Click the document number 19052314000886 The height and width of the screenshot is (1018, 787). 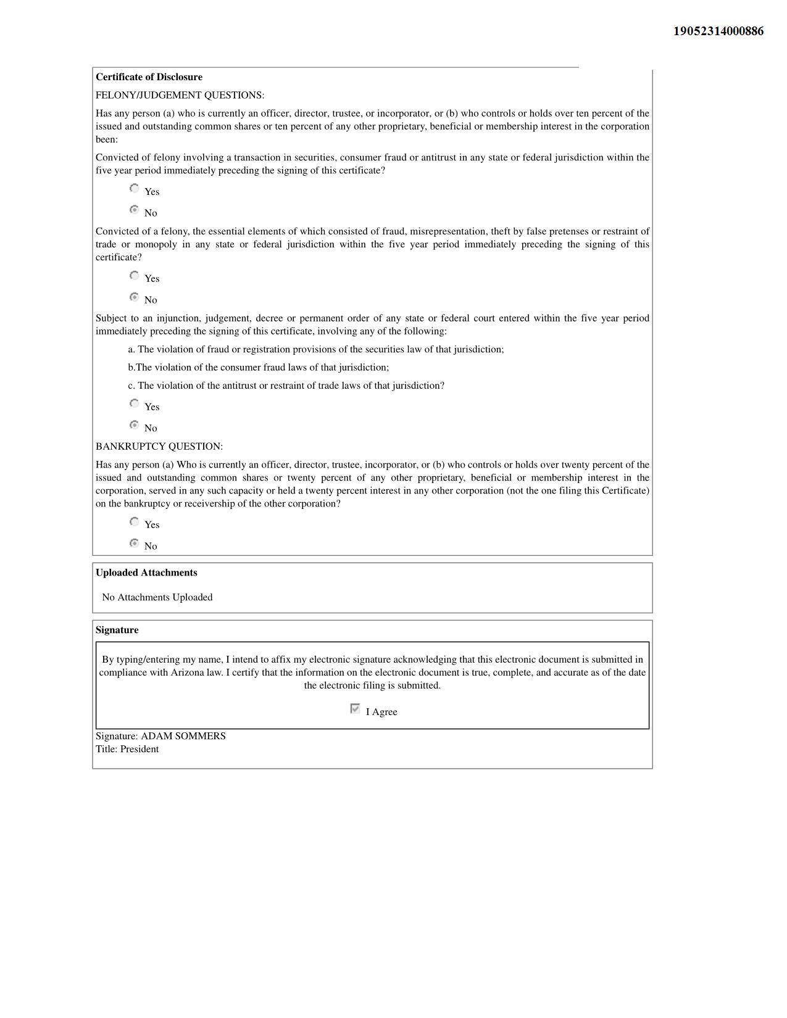click(718, 31)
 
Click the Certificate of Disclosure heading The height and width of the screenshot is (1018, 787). click(149, 77)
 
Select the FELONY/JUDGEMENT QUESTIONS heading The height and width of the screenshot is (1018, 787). click(180, 95)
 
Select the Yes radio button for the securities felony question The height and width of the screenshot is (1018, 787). click(135, 189)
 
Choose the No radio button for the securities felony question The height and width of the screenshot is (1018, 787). click(135, 210)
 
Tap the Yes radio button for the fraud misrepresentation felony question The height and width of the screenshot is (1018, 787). click(135, 276)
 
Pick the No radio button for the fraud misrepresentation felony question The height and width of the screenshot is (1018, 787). click(135, 297)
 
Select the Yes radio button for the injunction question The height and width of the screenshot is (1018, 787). click(135, 404)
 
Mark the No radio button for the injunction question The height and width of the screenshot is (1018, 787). click(135, 425)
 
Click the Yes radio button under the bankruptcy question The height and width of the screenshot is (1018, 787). click(135, 522)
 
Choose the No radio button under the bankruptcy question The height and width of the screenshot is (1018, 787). click(135, 543)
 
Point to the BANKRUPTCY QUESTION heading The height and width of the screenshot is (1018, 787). click(159, 446)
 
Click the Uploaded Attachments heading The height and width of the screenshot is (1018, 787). click(146, 573)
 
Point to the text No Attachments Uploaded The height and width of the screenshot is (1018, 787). click(157, 597)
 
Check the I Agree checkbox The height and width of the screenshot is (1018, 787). click(355, 709)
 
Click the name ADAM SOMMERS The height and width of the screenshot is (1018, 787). click(183, 736)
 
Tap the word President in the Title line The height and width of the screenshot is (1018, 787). click(139, 749)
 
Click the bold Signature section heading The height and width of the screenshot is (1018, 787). click(117, 630)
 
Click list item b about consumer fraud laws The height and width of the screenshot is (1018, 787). click(259, 368)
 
